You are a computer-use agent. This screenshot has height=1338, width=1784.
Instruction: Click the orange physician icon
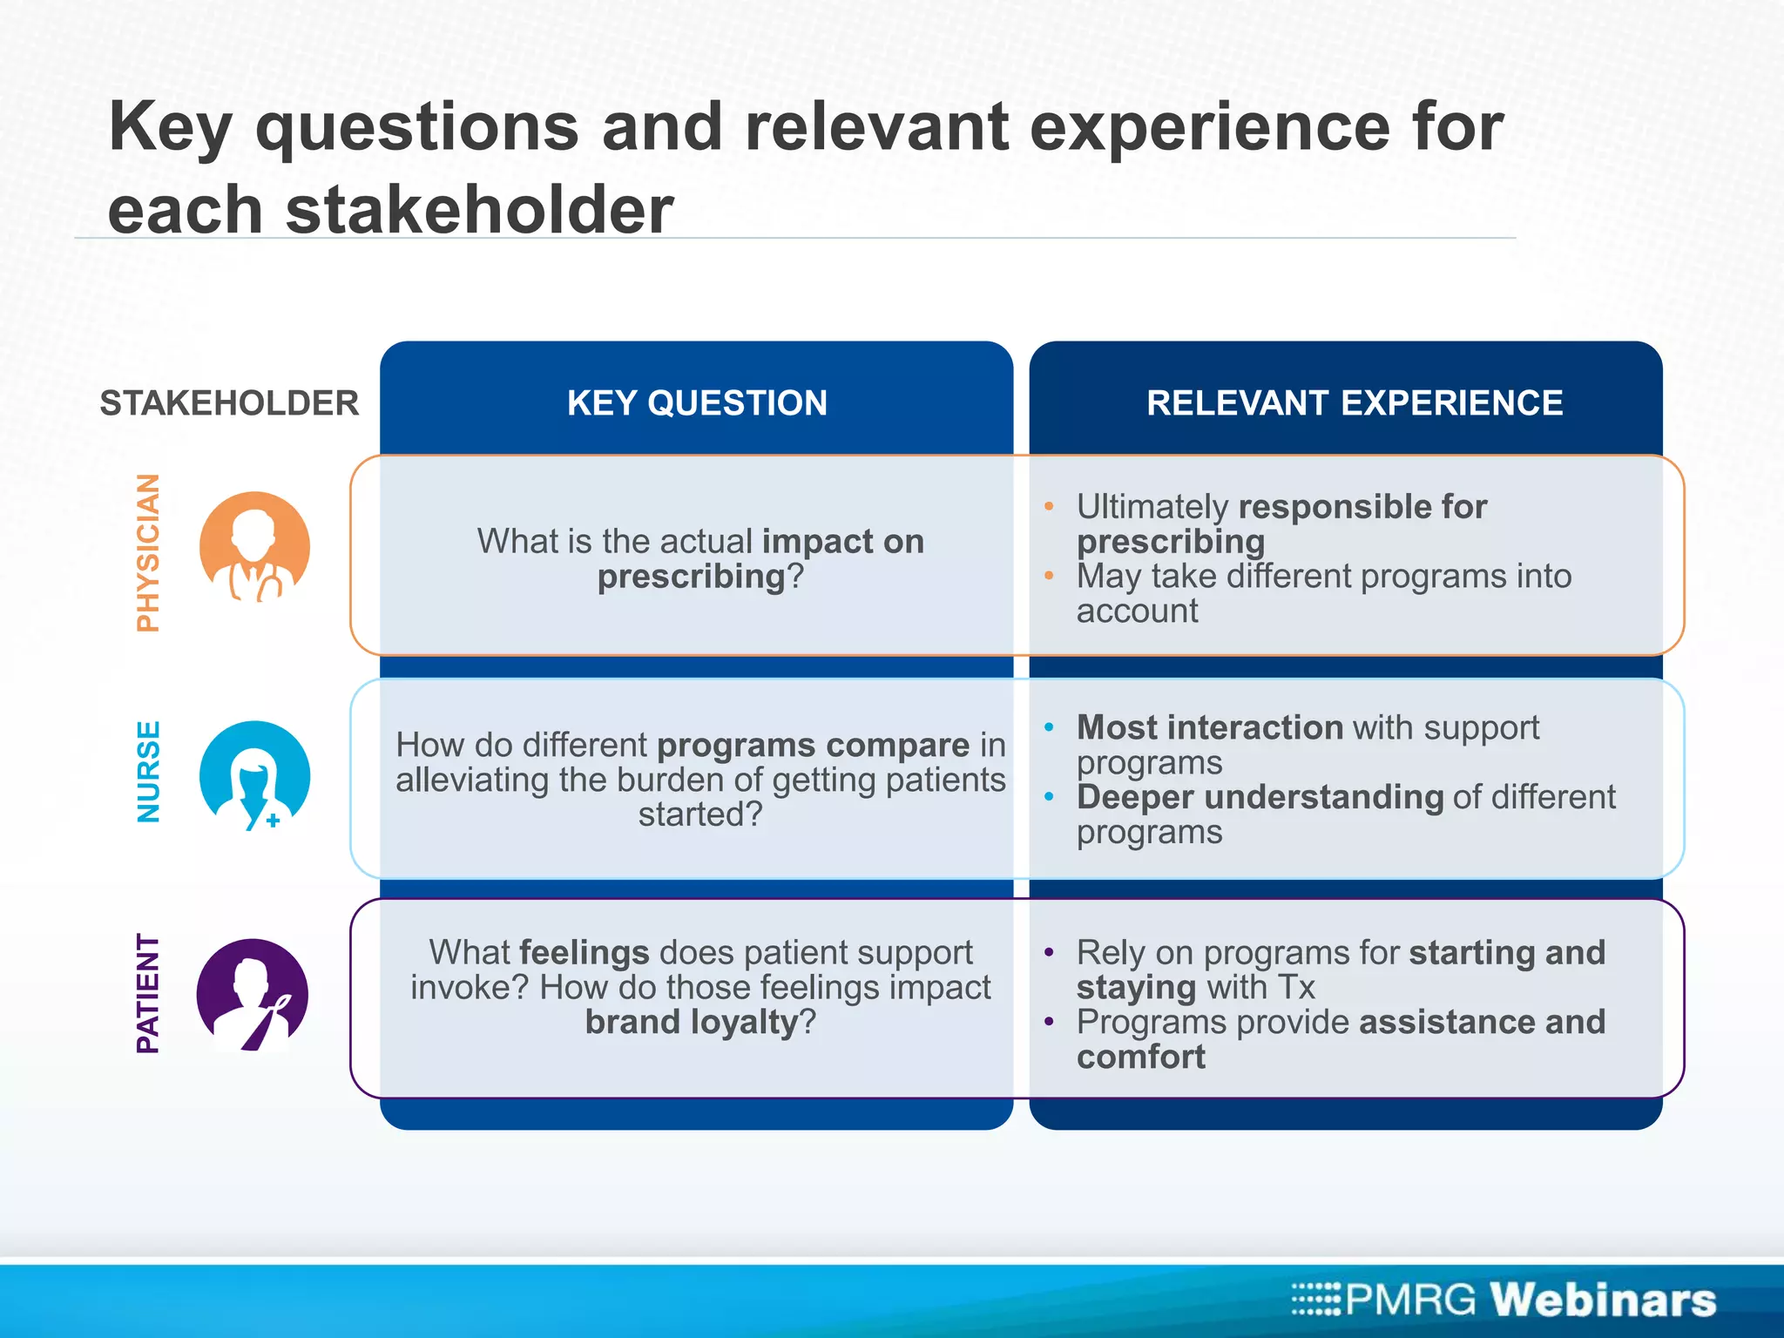click(254, 547)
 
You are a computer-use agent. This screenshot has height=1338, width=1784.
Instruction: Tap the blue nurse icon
click(254, 775)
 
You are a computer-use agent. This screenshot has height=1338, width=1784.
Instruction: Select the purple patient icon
click(253, 994)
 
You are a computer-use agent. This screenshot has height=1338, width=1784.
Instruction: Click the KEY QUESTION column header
click(697, 403)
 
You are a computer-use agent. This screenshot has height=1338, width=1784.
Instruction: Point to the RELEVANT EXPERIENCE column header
click(1354, 403)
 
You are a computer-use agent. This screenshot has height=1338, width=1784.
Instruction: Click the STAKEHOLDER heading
click(229, 404)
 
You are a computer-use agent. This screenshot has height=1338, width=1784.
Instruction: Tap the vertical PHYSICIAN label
click(149, 552)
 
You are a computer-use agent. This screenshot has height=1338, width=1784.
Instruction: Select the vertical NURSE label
click(149, 772)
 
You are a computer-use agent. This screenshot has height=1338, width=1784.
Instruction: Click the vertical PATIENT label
click(149, 994)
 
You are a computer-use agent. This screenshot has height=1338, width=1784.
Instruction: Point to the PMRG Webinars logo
click(1504, 1299)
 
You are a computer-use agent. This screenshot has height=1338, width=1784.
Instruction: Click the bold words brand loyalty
click(692, 1022)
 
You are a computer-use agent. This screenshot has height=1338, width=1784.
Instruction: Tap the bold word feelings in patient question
click(585, 952)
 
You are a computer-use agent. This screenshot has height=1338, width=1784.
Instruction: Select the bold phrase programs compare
click(813, 746)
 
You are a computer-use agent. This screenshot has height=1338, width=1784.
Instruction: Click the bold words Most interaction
click(1210, 727)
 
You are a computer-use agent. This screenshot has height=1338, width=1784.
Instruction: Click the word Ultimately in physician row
click(1152, 507)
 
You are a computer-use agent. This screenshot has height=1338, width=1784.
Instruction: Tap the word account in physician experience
click(1137, 612)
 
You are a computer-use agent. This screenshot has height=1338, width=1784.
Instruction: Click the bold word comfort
click(1141, 1057)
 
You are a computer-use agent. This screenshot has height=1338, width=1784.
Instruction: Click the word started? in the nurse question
click(700, 814)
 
